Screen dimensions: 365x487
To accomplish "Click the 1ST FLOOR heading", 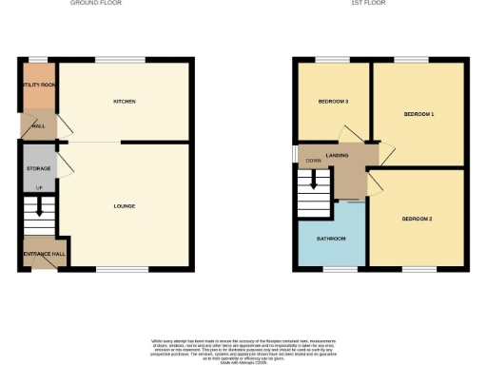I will [x=365, y=4].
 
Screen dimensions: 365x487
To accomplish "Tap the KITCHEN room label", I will [x=125, y=101].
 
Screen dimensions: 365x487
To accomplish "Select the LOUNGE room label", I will [x=124, y=206].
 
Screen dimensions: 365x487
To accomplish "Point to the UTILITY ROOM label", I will [x=37, y=85].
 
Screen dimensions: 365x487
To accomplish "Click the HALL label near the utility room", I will [x=39, y=125].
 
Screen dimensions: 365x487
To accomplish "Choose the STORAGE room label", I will [x=38, y=169].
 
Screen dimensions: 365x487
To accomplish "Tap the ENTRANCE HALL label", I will [x=38, y=254].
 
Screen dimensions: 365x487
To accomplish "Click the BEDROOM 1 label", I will [x=419, y=114].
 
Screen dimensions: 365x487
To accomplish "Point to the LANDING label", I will [x=336, y=155].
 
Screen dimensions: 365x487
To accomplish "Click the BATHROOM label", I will [x=331, y=238].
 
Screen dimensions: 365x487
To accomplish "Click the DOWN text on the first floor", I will [x=313, y=162].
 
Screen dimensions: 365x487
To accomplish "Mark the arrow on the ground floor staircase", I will [x=39, y=205].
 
